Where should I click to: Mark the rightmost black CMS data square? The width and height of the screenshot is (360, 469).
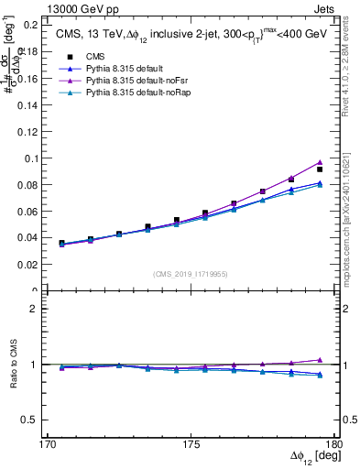(320, 169)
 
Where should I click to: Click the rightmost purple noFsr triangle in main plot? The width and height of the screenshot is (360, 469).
(320, 162)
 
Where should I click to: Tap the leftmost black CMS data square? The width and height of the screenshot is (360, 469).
(61, 244)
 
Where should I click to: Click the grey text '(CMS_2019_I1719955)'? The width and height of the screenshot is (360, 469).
(191, 272)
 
